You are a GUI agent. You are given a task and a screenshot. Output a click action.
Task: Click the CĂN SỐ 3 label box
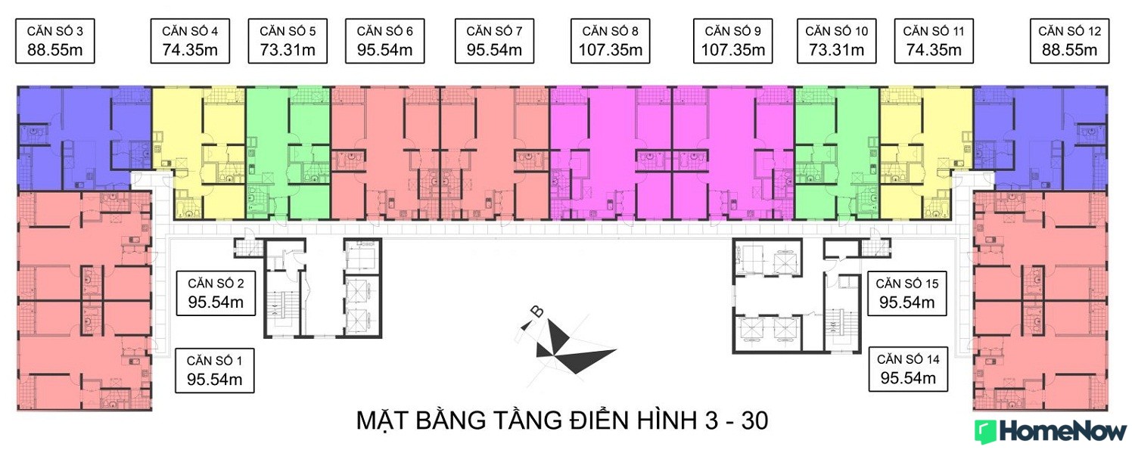click(x=55, y=41)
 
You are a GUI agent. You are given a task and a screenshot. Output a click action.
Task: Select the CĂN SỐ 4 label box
click(x=190, y=41)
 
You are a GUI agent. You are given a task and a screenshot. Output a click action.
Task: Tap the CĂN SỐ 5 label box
click(x=288, y=41)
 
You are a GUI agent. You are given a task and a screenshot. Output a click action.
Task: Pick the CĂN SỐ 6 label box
click(x=385, y=41)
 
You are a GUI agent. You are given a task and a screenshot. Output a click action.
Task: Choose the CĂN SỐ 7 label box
click(x=495, y=41)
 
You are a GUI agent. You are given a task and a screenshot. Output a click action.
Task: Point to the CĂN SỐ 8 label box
click(x=611, y=41)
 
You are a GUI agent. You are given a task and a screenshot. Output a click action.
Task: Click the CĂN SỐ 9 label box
click(x=733, y=41)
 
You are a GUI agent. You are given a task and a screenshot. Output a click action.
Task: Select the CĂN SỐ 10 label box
click(x=837, y=41)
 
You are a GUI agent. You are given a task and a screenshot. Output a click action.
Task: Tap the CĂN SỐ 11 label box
click(x=934, y=41)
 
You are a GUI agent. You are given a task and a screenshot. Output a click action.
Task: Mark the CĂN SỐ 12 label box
click(x=1070, y=41)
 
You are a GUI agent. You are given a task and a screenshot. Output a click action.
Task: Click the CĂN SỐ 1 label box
click(x=215, y=371)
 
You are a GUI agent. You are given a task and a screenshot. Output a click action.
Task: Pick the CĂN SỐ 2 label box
click(x=216, y=293)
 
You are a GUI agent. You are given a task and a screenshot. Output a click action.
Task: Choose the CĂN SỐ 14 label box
click(x=908, y=369)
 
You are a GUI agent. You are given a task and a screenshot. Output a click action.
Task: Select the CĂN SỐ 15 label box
click(x=907, y=293)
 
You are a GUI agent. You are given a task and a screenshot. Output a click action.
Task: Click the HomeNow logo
click(x=1051, y=432)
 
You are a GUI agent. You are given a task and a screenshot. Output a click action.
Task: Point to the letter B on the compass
click(x=536, y=312)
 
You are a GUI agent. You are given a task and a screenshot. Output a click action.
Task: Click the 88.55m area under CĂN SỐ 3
click(x=55, y=50)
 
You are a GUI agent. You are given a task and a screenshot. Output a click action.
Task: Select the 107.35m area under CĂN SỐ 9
click(x=733, y=50)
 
